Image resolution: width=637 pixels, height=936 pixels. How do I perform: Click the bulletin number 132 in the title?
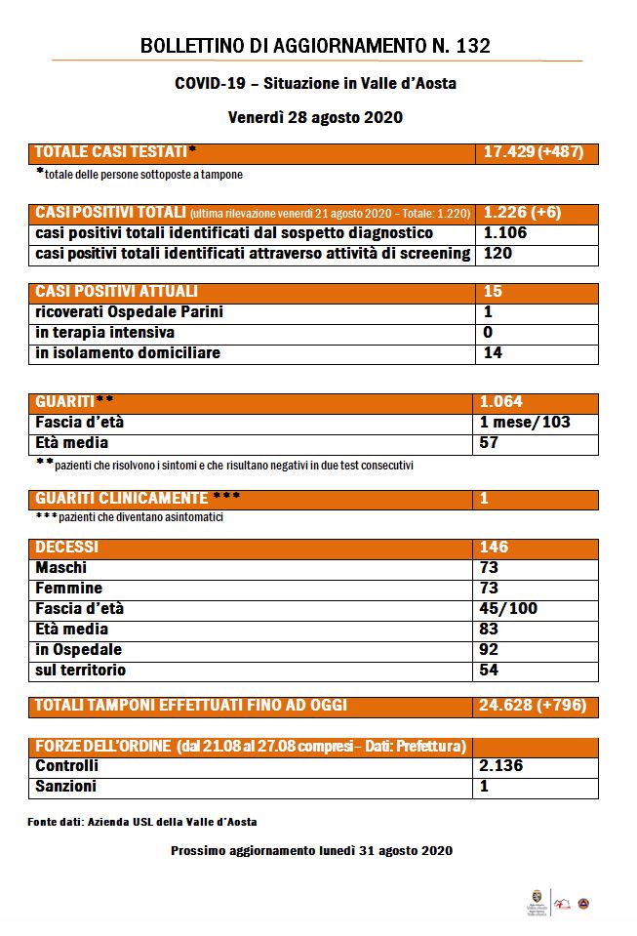click(x=472, y=46)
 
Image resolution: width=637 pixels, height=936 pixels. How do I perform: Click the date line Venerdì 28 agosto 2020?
click(x=315, y=117)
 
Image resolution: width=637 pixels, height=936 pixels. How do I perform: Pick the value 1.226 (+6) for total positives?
click(x=522, y=213)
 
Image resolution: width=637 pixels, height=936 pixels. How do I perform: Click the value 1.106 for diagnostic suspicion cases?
click(x=505, y=233)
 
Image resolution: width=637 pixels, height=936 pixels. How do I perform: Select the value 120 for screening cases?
click(x=498, y=254)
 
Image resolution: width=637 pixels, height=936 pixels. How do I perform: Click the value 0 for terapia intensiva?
click(x=488, y=333)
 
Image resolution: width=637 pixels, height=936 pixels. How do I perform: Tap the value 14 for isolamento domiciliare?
click(x=492, y=353)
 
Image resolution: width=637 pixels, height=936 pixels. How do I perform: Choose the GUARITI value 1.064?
click(x=503, y=402)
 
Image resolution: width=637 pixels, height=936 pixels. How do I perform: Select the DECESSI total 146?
click(x=495, y=548)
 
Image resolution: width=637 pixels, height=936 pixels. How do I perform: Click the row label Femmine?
click(x=68, y=589)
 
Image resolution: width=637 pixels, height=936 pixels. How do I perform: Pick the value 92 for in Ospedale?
click(x=490, y=650)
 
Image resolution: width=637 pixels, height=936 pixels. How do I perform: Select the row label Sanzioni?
click(x=65, y=787)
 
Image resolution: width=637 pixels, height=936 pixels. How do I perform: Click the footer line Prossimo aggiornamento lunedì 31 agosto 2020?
click(x=311, y=851)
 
